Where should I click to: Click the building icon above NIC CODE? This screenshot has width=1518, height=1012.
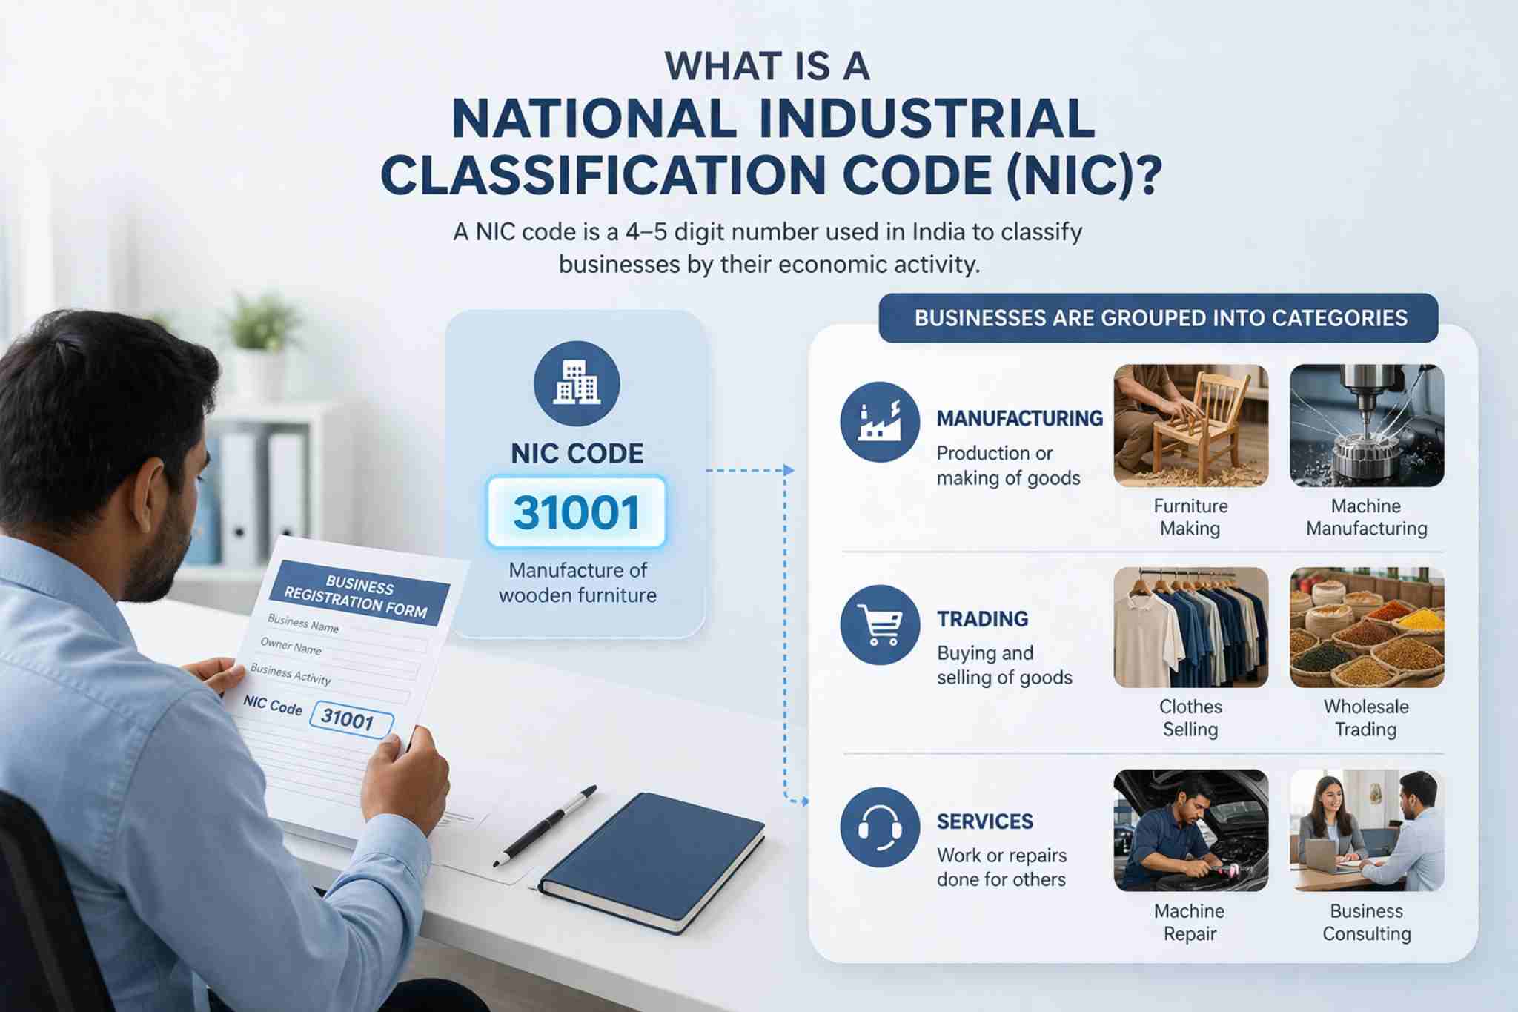pos(577,383)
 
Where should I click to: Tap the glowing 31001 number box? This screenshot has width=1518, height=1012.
pos(577,512)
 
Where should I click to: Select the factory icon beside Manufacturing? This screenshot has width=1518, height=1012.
pos(880,422)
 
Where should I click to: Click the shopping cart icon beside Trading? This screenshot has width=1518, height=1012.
pos(880,624)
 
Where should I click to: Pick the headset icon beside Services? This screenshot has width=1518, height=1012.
pos(880,827)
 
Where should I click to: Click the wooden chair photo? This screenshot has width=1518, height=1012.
pos(1190,426)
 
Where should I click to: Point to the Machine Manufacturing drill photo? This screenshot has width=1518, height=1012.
pos(1366,426)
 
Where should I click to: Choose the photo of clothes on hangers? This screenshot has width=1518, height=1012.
pos(1190,627)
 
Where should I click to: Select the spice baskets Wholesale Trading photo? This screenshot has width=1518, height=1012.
pos(1366,627)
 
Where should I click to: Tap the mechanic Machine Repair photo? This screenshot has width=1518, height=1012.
pos(1190,830)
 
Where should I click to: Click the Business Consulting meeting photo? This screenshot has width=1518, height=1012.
pos(1366,830)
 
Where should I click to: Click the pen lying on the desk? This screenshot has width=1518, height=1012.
pos(546,825)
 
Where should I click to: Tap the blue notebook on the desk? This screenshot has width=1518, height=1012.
pos(652,860)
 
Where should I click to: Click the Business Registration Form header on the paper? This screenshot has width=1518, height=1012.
pos(358,598)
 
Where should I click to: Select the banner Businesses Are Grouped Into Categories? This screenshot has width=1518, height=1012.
pos(1160,318)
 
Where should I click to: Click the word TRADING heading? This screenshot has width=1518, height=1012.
pos(982,619)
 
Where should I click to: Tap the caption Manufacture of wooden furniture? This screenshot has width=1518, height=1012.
pos(577,583)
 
